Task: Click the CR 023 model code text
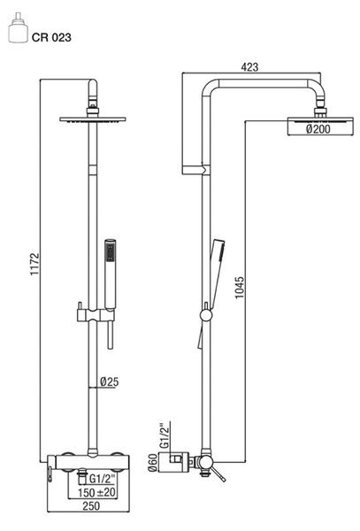coord(51,37)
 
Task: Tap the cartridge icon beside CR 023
coord(18,28)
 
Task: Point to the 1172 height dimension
coord(34,264)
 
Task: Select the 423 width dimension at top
coord(249,67)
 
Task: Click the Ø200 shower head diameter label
coord(318,129)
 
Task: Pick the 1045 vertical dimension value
coord(239,288)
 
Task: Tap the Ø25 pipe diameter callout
coord(110,381)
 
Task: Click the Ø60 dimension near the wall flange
coord(153,462)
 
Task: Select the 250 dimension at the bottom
coord(91,506)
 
